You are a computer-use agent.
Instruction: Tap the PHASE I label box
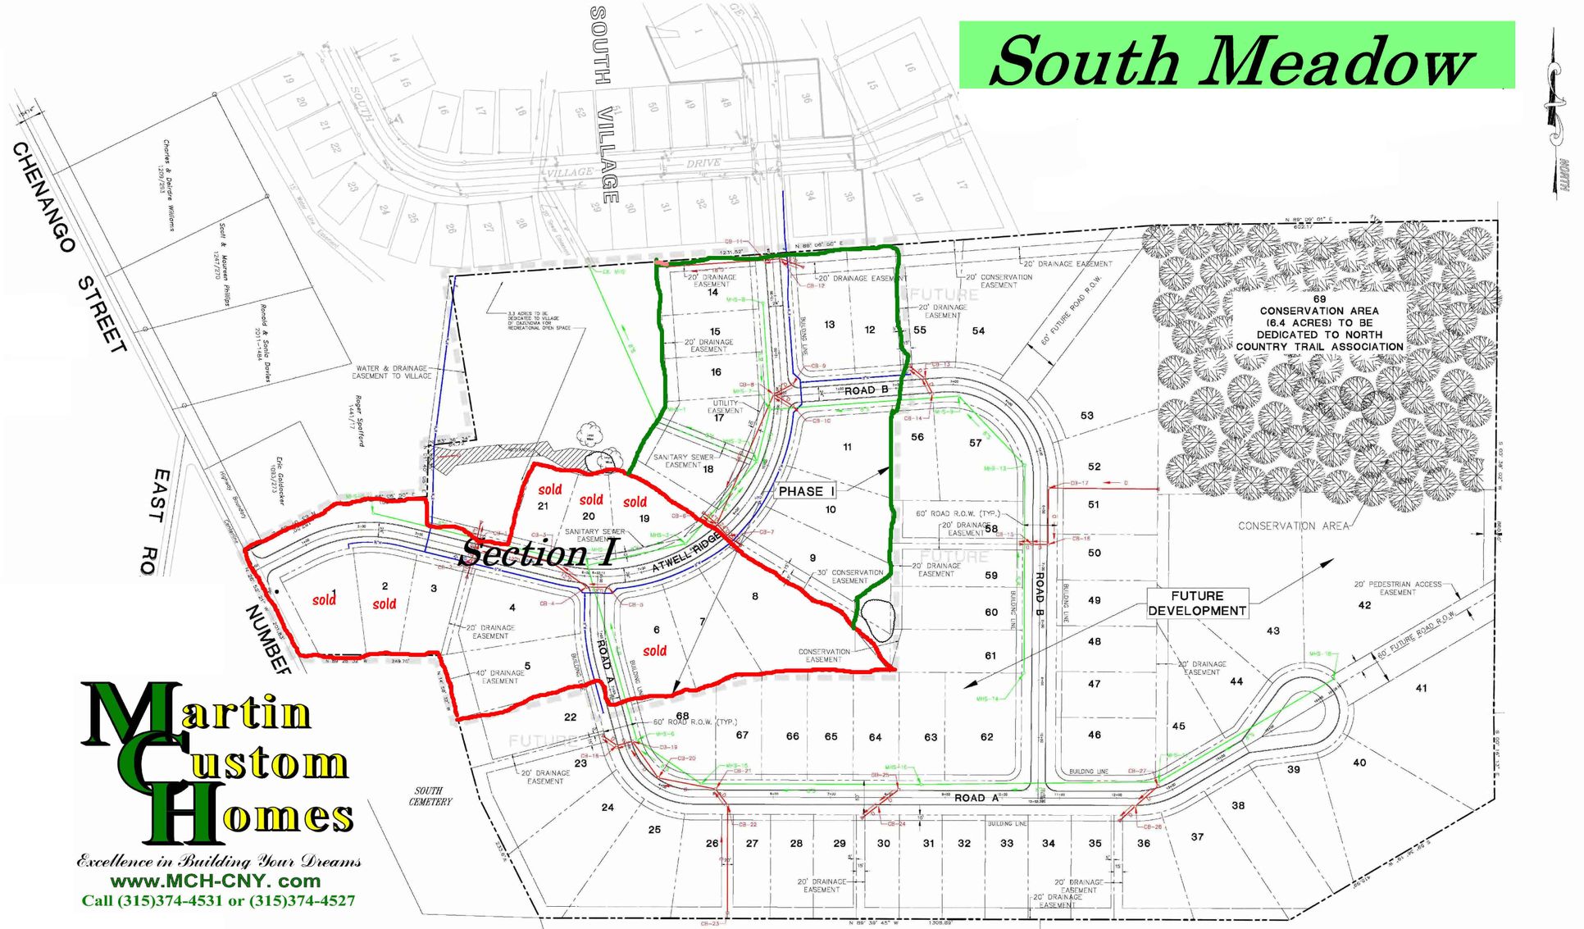[x=806, y=491]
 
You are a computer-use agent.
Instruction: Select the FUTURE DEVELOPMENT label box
[x=1197, y=603]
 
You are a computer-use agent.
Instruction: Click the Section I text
[x=537, y=553]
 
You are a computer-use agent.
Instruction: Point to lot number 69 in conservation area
[x=1319, y=299]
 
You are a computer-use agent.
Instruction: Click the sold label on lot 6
[x=654, y=651]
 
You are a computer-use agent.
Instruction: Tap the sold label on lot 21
[x=549, y=490]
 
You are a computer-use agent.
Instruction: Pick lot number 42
[x=1364, y=605]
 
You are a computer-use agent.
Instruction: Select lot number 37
[x=1197, y=836]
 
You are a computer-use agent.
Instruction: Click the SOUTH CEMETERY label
[x=430, y=796]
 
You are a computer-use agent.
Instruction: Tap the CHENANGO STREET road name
[x=69, y=246]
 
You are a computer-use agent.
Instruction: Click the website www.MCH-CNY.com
[x=216, y=881]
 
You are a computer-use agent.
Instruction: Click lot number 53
[x=1086, y=416]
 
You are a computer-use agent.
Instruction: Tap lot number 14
[x=712, y=292]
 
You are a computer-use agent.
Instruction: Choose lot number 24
[x=608, y=807]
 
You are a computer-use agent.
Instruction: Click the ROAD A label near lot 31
[x=976, y=798]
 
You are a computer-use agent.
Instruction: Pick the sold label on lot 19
[x=635, y=502]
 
